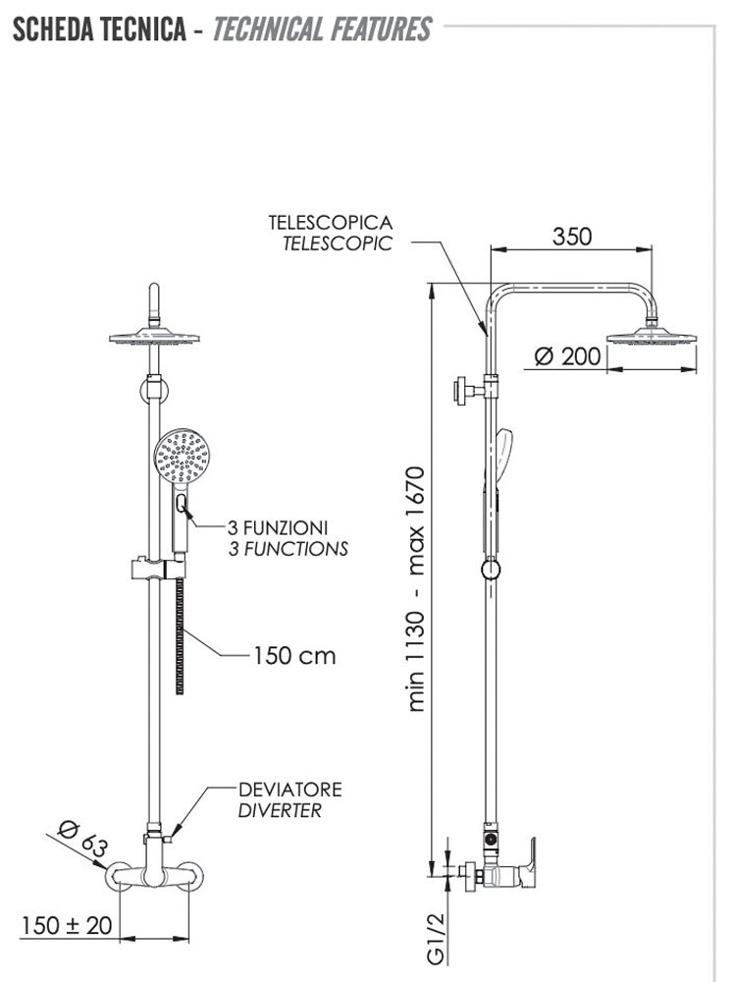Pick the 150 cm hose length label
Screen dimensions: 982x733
pyautogui.click(x=294, y=655)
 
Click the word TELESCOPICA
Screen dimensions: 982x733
pyautogui.click(x=331, y=223)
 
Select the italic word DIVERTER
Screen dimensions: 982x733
pyautogui.click(x=280, y=811)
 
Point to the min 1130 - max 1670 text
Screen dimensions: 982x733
pyautogui.click(x=417, y=589)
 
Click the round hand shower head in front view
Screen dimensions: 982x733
pyautogui.click(x=183, y=457)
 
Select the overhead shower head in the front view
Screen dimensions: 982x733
pyautogui.click(x=154, y=338)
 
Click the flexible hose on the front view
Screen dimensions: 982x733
pyautogui.click(x=181, y=638)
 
